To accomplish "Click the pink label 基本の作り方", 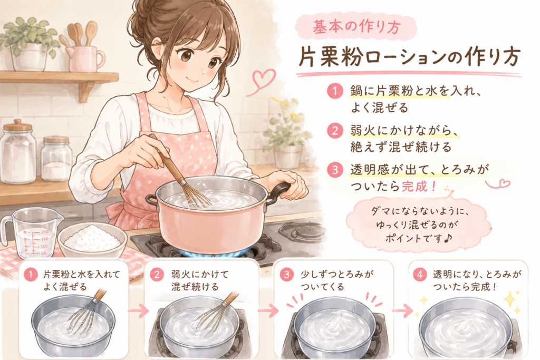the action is coord(356,27).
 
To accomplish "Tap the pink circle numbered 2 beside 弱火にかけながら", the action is coord(335,131).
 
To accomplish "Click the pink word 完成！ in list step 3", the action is coord(420,187).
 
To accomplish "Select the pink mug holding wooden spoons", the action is coord(85,59).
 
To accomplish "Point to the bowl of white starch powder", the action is coord(92,239).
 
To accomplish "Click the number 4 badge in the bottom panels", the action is coord(419,275).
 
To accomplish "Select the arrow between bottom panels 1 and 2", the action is coord(138,311).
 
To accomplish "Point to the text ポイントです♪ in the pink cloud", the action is coord(418,238).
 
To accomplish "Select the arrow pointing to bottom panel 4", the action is coord(402,311).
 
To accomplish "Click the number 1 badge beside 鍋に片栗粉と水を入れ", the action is coord(335,91).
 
